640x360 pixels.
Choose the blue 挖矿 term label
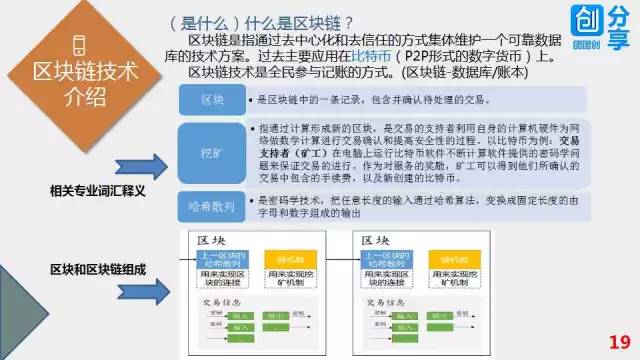pyautogui.click(x=211, y=150)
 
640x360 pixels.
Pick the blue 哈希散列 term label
pyautogui.click(x=211, y=206)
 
